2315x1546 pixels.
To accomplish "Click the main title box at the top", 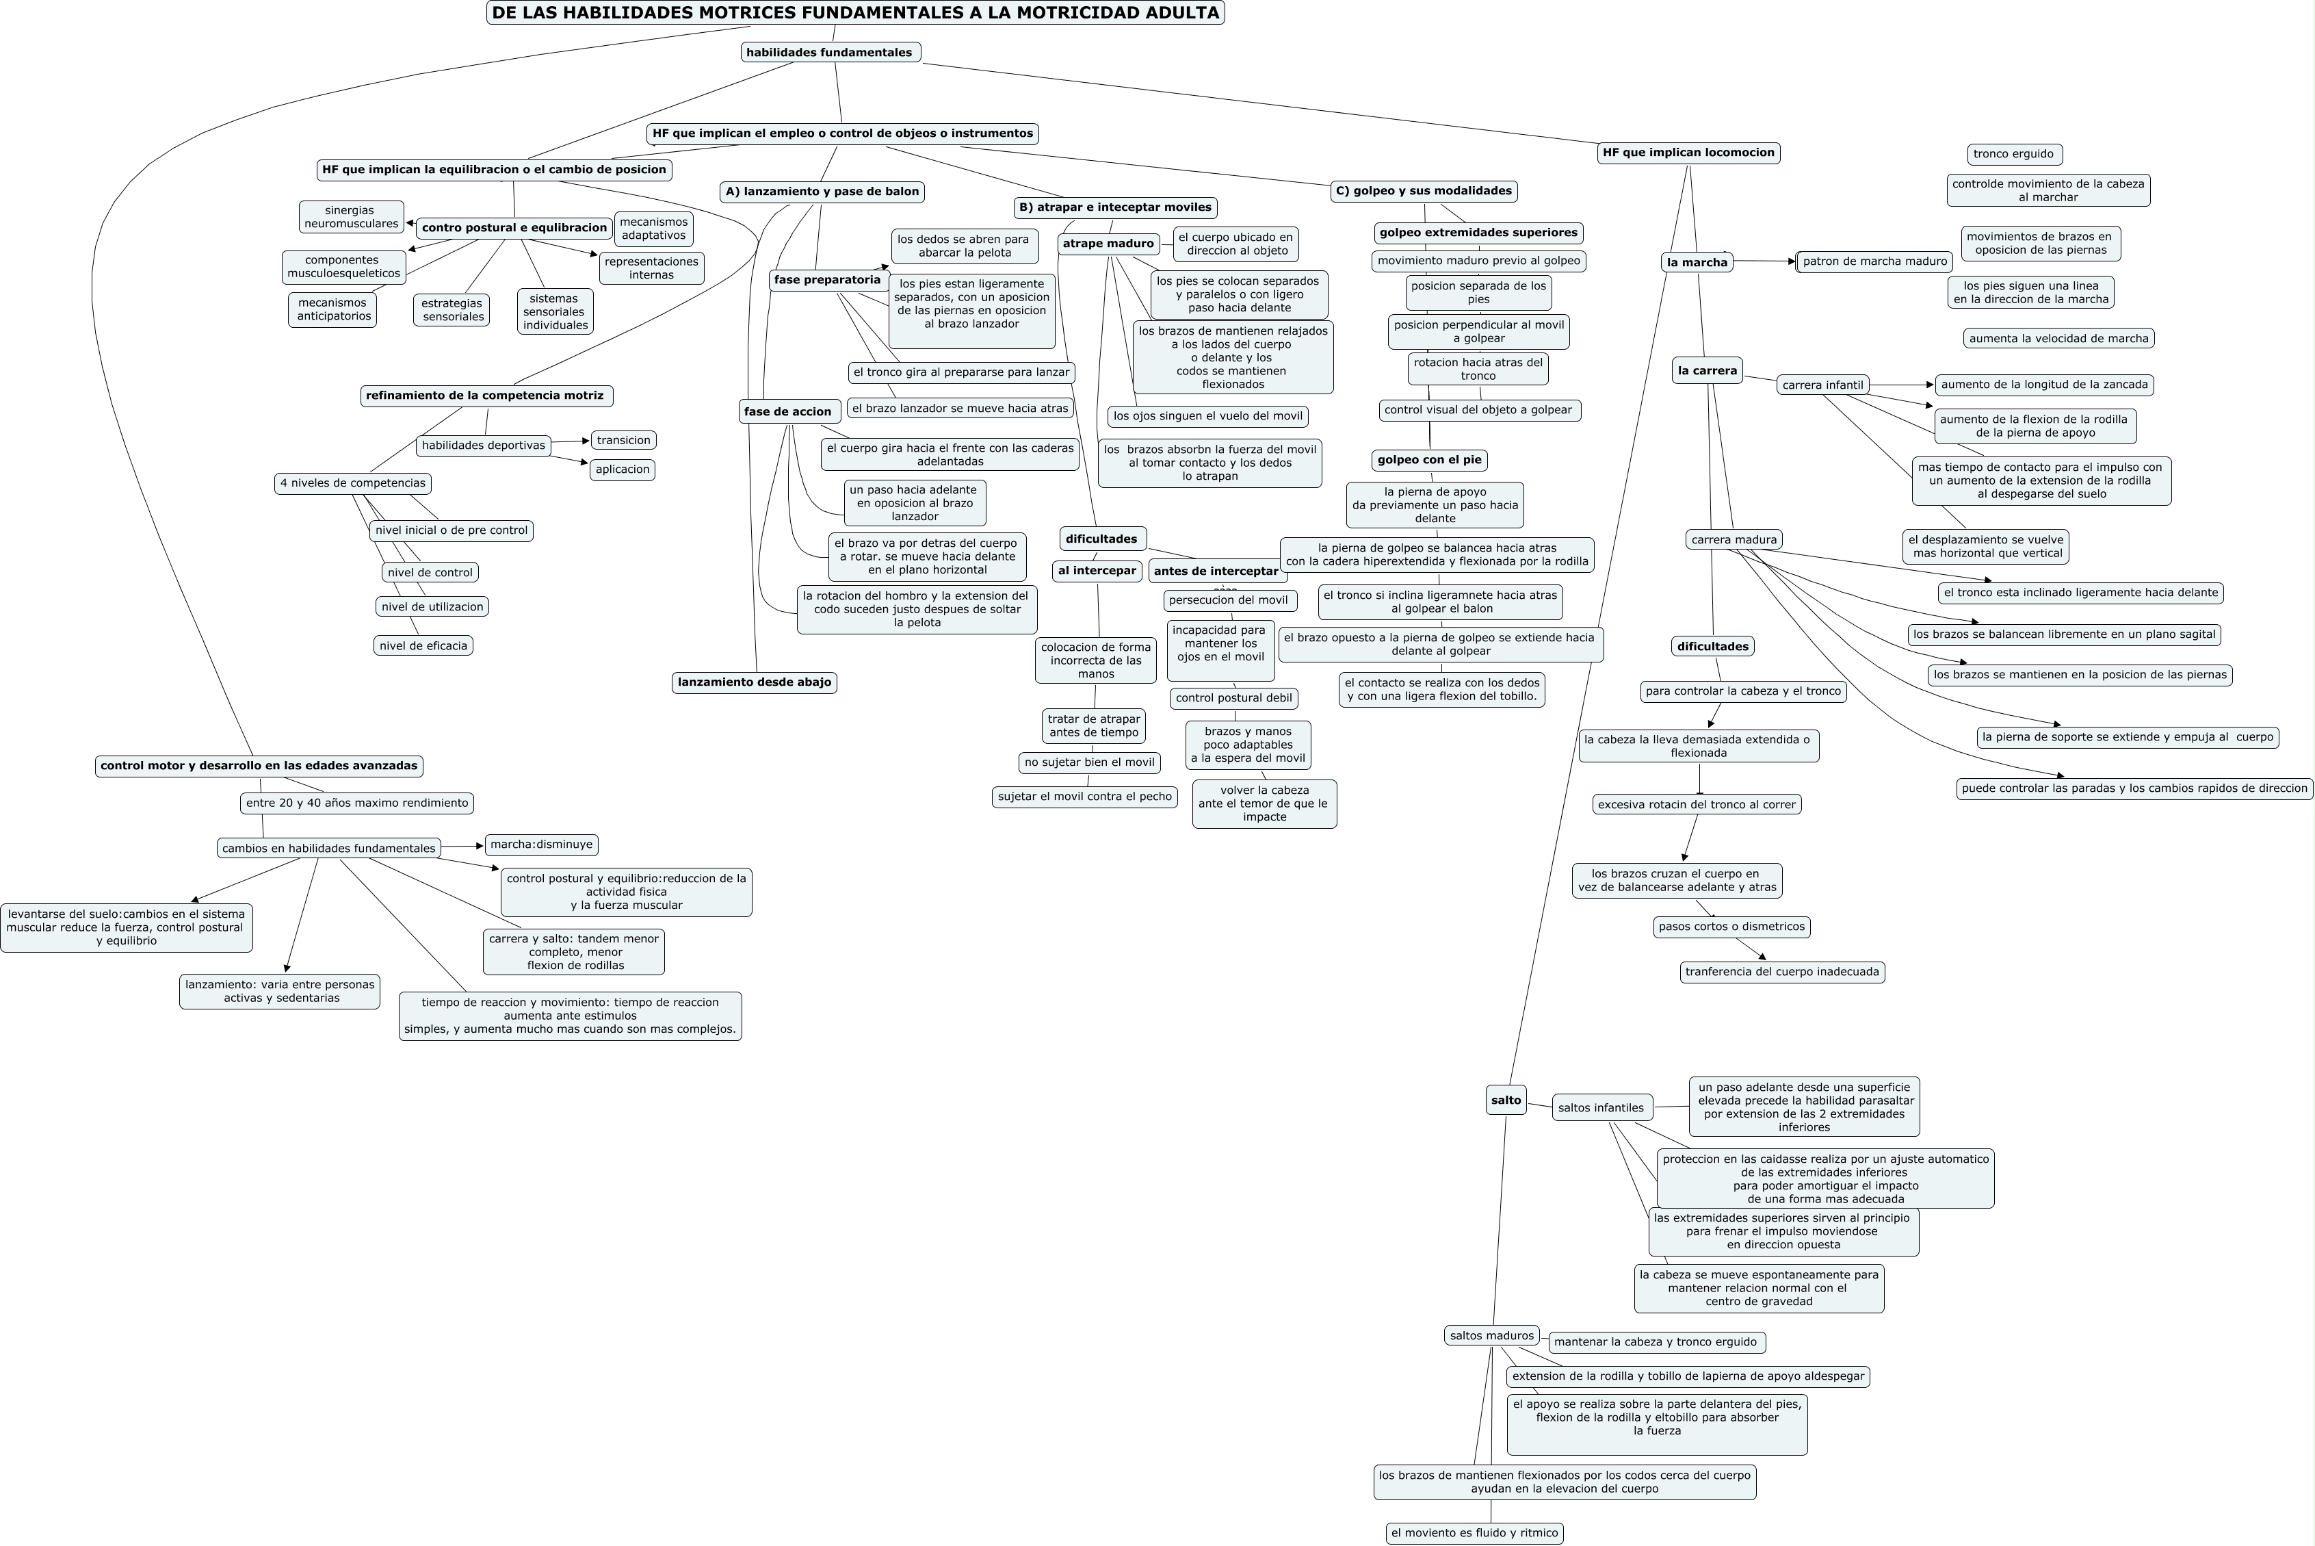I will click(854, 13).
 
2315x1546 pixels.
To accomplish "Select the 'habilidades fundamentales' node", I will click(830, 52).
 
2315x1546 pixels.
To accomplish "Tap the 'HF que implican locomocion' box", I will click(1688, 153).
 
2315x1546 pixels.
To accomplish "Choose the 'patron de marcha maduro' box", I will click(1874, 261).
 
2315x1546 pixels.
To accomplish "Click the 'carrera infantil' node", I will click(1822, 385).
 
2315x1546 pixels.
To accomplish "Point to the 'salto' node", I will click(1506, 1100).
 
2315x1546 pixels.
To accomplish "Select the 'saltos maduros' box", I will click(1491, 1336).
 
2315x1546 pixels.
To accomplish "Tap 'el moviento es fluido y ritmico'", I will click(1474, 1533).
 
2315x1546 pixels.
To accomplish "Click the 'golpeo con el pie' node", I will click(1429, 459).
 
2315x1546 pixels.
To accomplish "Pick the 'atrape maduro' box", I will click(1108, 244).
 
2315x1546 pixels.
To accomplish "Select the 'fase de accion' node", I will click(787, 412).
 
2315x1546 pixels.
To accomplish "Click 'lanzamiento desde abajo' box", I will click(754, 682).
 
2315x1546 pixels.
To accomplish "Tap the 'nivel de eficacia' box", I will click(423, 646).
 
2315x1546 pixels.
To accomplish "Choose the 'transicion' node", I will click(623, 441).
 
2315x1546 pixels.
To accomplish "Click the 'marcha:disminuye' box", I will click(541, 845).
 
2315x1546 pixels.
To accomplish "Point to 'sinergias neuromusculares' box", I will click(351, 217).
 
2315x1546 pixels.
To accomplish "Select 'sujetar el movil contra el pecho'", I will click(1084, 797).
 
